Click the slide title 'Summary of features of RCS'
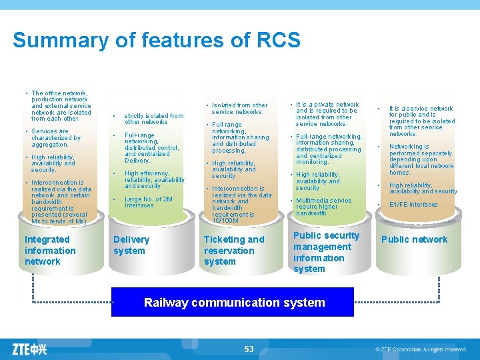[x=157, y=41]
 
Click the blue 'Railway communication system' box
[x=234, y=303]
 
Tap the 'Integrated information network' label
[x=50, y=251]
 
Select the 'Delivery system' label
[x=131, y=245]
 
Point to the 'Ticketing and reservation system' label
[x=233, y=251]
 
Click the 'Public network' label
[x=414, y=240]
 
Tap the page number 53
[x=249, y=349]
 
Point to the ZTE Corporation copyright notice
[x=420, y=349]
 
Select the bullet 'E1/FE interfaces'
[x=413, y=205]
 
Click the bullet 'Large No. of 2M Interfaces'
[x=148, y=202]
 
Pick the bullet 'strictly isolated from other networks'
[x=153, y=119]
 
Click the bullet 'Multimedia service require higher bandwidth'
[x=323, y=207]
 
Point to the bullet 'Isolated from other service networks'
[x=239, y=108]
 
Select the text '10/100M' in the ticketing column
[x=225, y=221]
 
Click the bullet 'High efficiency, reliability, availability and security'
[x=154, y=179]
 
